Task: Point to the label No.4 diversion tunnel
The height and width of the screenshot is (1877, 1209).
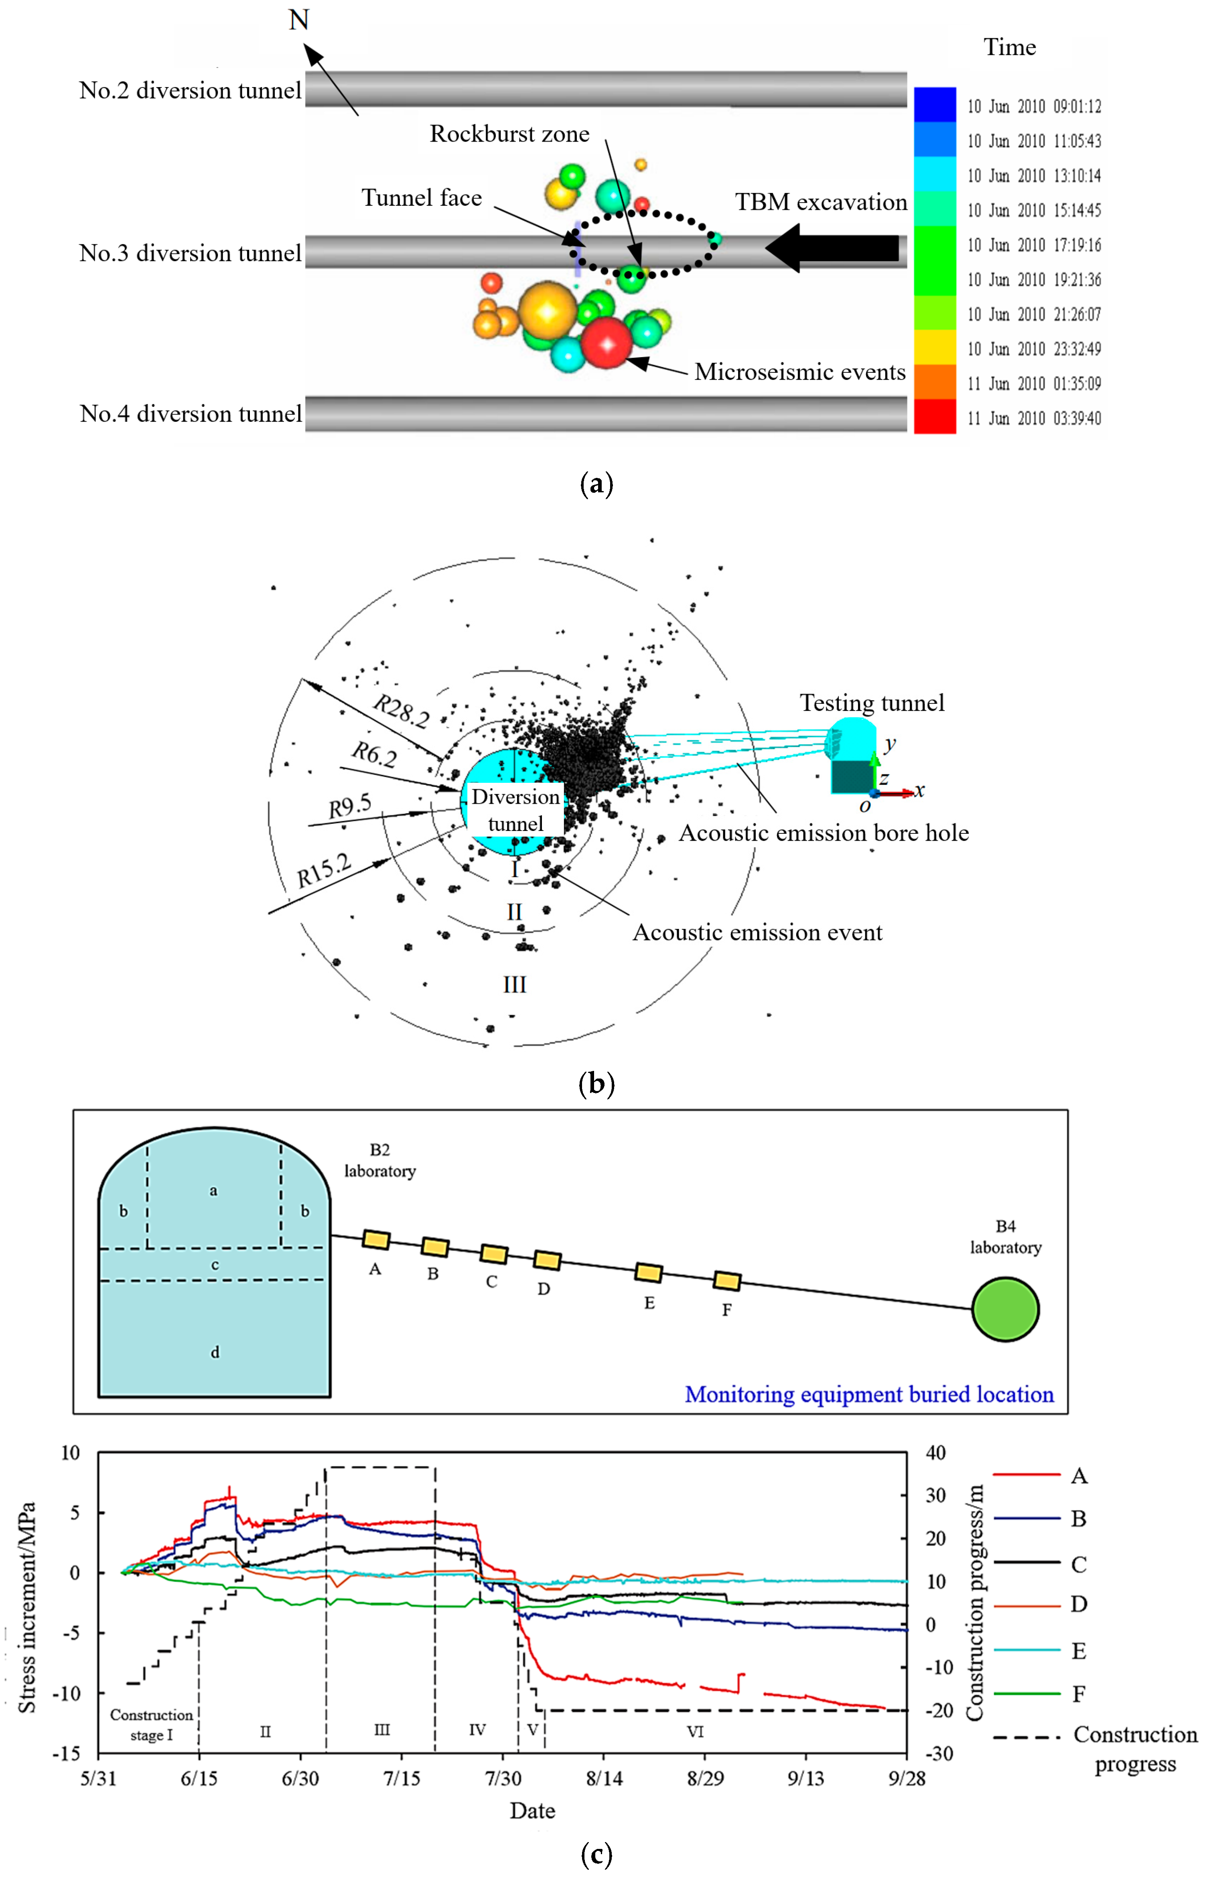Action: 191,414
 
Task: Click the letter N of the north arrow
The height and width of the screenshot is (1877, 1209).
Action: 298,20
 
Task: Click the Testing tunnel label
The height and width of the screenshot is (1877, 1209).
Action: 871,703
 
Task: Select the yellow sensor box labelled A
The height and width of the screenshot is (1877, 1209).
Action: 376,1240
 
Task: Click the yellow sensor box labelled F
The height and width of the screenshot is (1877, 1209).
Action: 727,1281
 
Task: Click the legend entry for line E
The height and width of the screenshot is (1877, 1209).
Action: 1079,1651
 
